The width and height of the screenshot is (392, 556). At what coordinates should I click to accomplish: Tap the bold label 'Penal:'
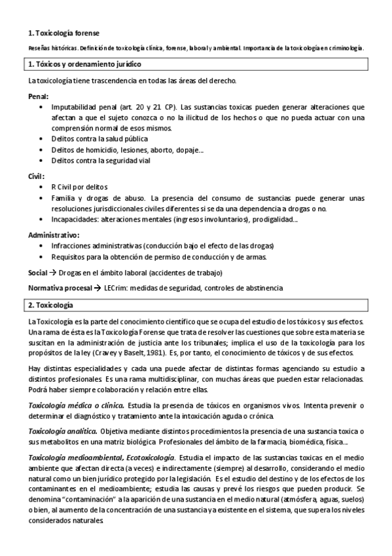pos(39,96)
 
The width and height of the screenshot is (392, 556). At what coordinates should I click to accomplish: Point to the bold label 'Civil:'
pos(37,176)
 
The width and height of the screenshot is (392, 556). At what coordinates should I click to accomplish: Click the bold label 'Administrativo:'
pos(54,235)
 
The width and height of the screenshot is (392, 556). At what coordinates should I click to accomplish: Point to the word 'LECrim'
pos(116,288)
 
